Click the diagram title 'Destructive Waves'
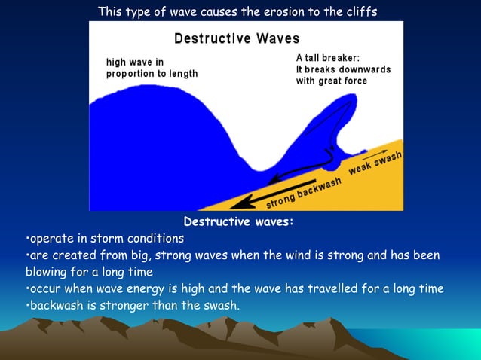[x=237, y=38]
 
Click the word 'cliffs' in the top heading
[x=357, y=12]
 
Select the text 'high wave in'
[x=135, y=63]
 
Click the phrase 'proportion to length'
[x=152, y=74]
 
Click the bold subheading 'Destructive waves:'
[x=238, y=222]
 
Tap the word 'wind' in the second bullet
[x=320, y=255]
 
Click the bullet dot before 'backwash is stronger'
[x=28, y=305]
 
